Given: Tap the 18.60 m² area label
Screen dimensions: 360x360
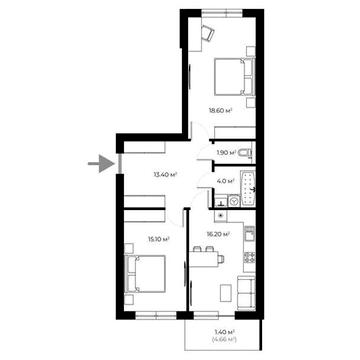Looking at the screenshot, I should [x=220, y=112].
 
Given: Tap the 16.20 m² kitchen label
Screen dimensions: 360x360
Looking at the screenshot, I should [x=220, y=234].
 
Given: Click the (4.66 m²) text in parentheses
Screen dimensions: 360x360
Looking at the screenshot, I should [x=223, y=341].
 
